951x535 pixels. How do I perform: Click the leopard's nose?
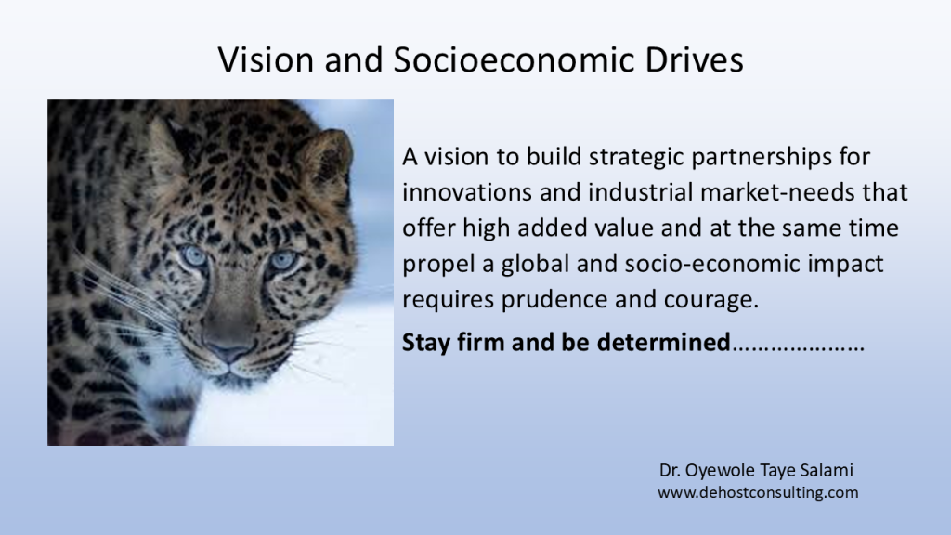click(x=228, y=349)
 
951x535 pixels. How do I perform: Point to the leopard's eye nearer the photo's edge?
click(x=195, y=255)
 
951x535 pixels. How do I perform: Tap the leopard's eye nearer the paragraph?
click(x=282, y=260)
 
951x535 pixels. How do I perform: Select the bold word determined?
click(x=663, y=342)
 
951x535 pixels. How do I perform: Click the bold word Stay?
click(x=425, y=343)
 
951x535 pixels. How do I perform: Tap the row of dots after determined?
click(x=798, y=349)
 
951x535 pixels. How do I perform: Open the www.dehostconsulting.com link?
click(x=758, y=492)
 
